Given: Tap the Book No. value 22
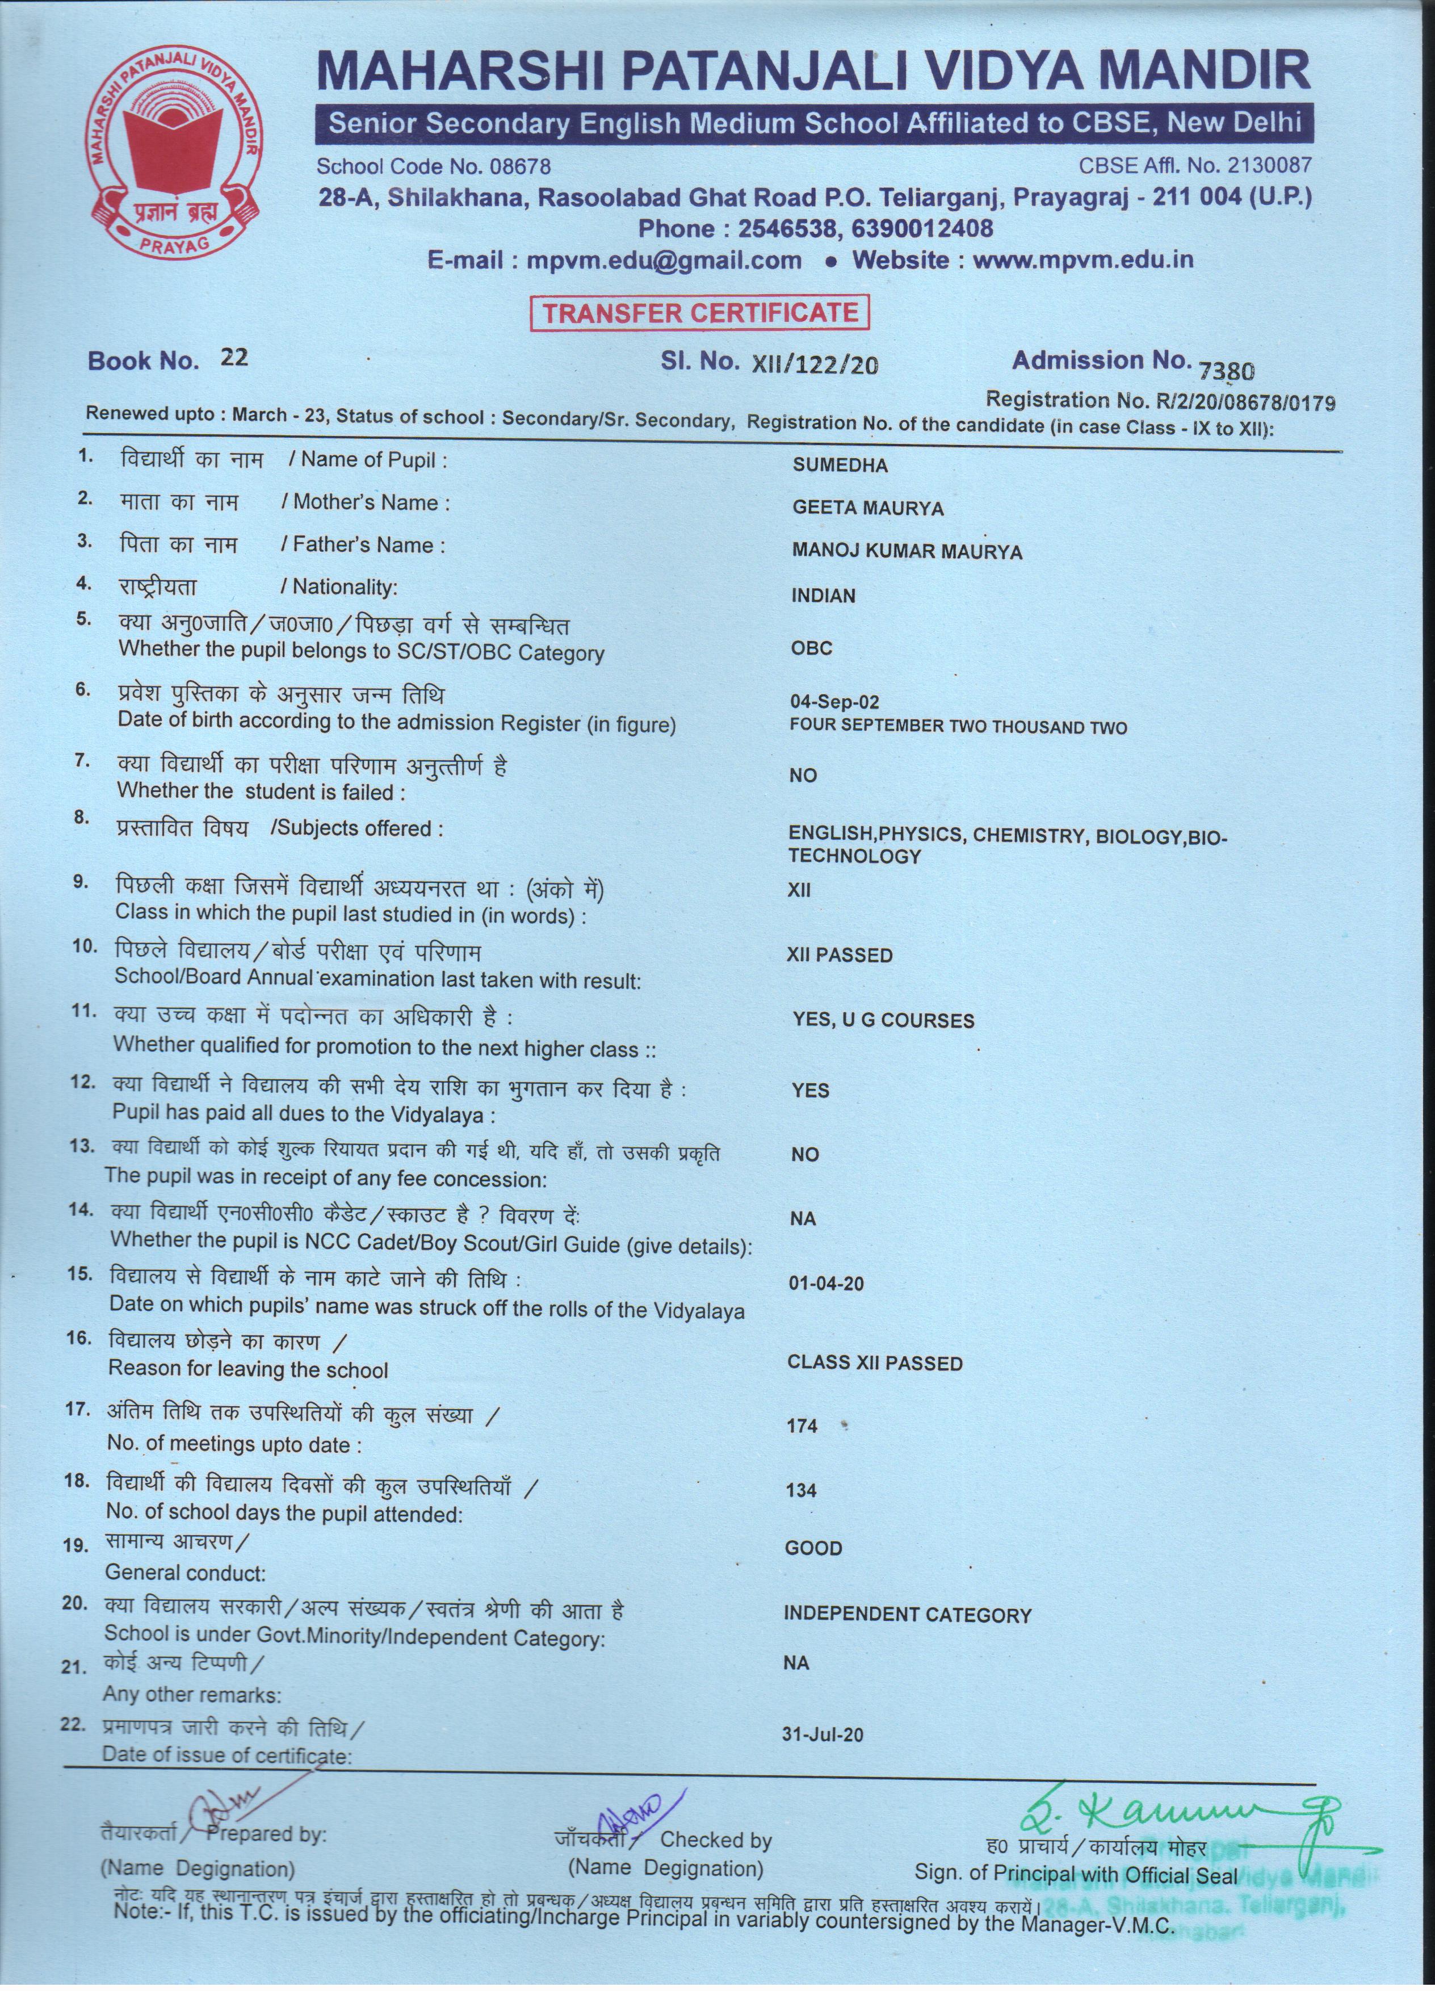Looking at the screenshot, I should [x=234, y=357].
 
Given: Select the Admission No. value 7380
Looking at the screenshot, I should [x=1227, y=371].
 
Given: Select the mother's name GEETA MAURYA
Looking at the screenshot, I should [x=867, y=508].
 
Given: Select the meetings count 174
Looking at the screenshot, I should [x=802, y=1426].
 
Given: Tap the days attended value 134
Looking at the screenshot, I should [x=802, y=1490].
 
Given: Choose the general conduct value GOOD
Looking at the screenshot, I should [x=813, y=1548].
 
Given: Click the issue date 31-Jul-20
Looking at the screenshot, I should [x=821, y=1734].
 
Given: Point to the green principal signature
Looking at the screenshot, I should [x=1176, y=1800].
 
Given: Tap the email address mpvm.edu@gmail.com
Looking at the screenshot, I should [x=664, y=261].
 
